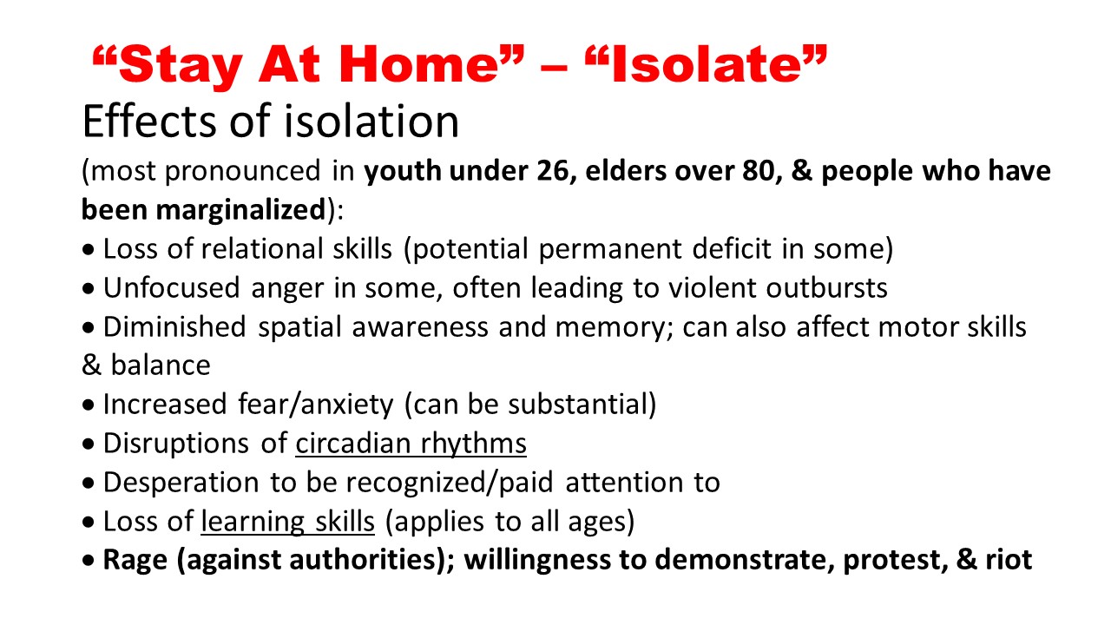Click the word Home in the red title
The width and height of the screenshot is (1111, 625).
418,64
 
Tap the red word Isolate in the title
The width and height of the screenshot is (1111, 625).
706,64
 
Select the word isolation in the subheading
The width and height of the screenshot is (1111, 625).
371,121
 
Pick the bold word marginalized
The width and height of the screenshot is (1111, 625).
240,210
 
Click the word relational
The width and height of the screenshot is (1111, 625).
262,248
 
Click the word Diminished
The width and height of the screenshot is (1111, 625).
174,327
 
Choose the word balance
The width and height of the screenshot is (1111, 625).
161,365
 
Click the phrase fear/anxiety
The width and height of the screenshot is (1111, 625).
315,405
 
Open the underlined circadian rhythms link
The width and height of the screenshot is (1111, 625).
411,443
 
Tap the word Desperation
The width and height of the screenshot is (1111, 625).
181,482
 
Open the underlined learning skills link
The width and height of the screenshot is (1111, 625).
287,522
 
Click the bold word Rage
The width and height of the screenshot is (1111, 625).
135,560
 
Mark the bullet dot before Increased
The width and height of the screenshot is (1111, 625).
89,405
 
